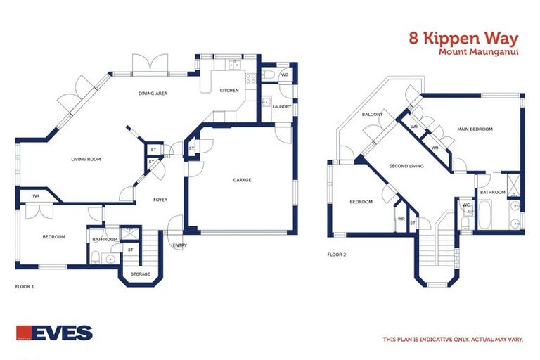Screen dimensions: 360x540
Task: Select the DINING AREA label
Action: pyautogui.click(x=153, y=93)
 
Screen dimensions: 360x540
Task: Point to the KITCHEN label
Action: pyautogui.click(x=229, y=90)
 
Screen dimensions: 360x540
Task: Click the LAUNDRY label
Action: pyautogui.click(x=282, y=106)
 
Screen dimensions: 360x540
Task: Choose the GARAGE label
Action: pyautogui.click(x=242, y=180)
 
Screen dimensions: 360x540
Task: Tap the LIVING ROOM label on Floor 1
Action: pyautogui.click(x=86, y=160)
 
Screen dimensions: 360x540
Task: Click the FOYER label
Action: pyautogui.click(x=160, y=200)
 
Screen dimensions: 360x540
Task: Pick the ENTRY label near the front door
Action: pyautogui.click(x=180, y=245)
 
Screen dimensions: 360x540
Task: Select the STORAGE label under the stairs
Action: pyautogui.click(x=141, y=274)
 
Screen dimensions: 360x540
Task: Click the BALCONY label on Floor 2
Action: pyautogui.click(x=372, y=114)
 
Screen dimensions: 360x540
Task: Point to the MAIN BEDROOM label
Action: pyautogui.click(x=475, y=129)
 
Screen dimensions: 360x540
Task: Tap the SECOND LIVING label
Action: pyautogui.click(x=406, y=166)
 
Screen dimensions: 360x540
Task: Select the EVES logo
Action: pyautogui.click(x=54, y=332)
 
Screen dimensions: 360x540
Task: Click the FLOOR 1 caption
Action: pyautogui.click(x=25, y=287)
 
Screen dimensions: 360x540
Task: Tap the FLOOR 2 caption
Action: pyautogui.click(x=337, y=255)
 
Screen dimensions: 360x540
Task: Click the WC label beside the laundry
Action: pyautogui.click(x=285, y=75)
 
